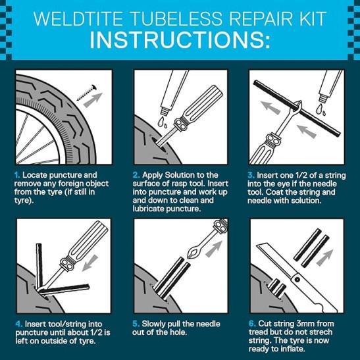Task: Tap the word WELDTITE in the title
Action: pos(78,18)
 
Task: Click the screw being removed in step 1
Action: pos(87,92)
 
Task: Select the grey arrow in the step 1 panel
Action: pos(93,99)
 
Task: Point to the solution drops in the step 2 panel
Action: pos(163,122)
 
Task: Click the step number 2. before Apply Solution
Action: pos(136,175)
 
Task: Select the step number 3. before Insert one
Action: pos(251,175)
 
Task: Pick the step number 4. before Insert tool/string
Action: pos(19,324)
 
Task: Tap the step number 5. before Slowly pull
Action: pos(136,324)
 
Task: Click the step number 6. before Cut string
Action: pos(252,324)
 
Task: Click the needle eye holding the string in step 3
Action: pos(297,107)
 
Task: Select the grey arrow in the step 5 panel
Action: pos(214,249)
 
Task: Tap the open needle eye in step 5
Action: pos(192,253)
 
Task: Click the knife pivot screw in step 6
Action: pos(297,280)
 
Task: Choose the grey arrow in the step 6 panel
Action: pos(324,257)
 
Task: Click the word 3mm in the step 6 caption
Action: pos(305,324)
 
